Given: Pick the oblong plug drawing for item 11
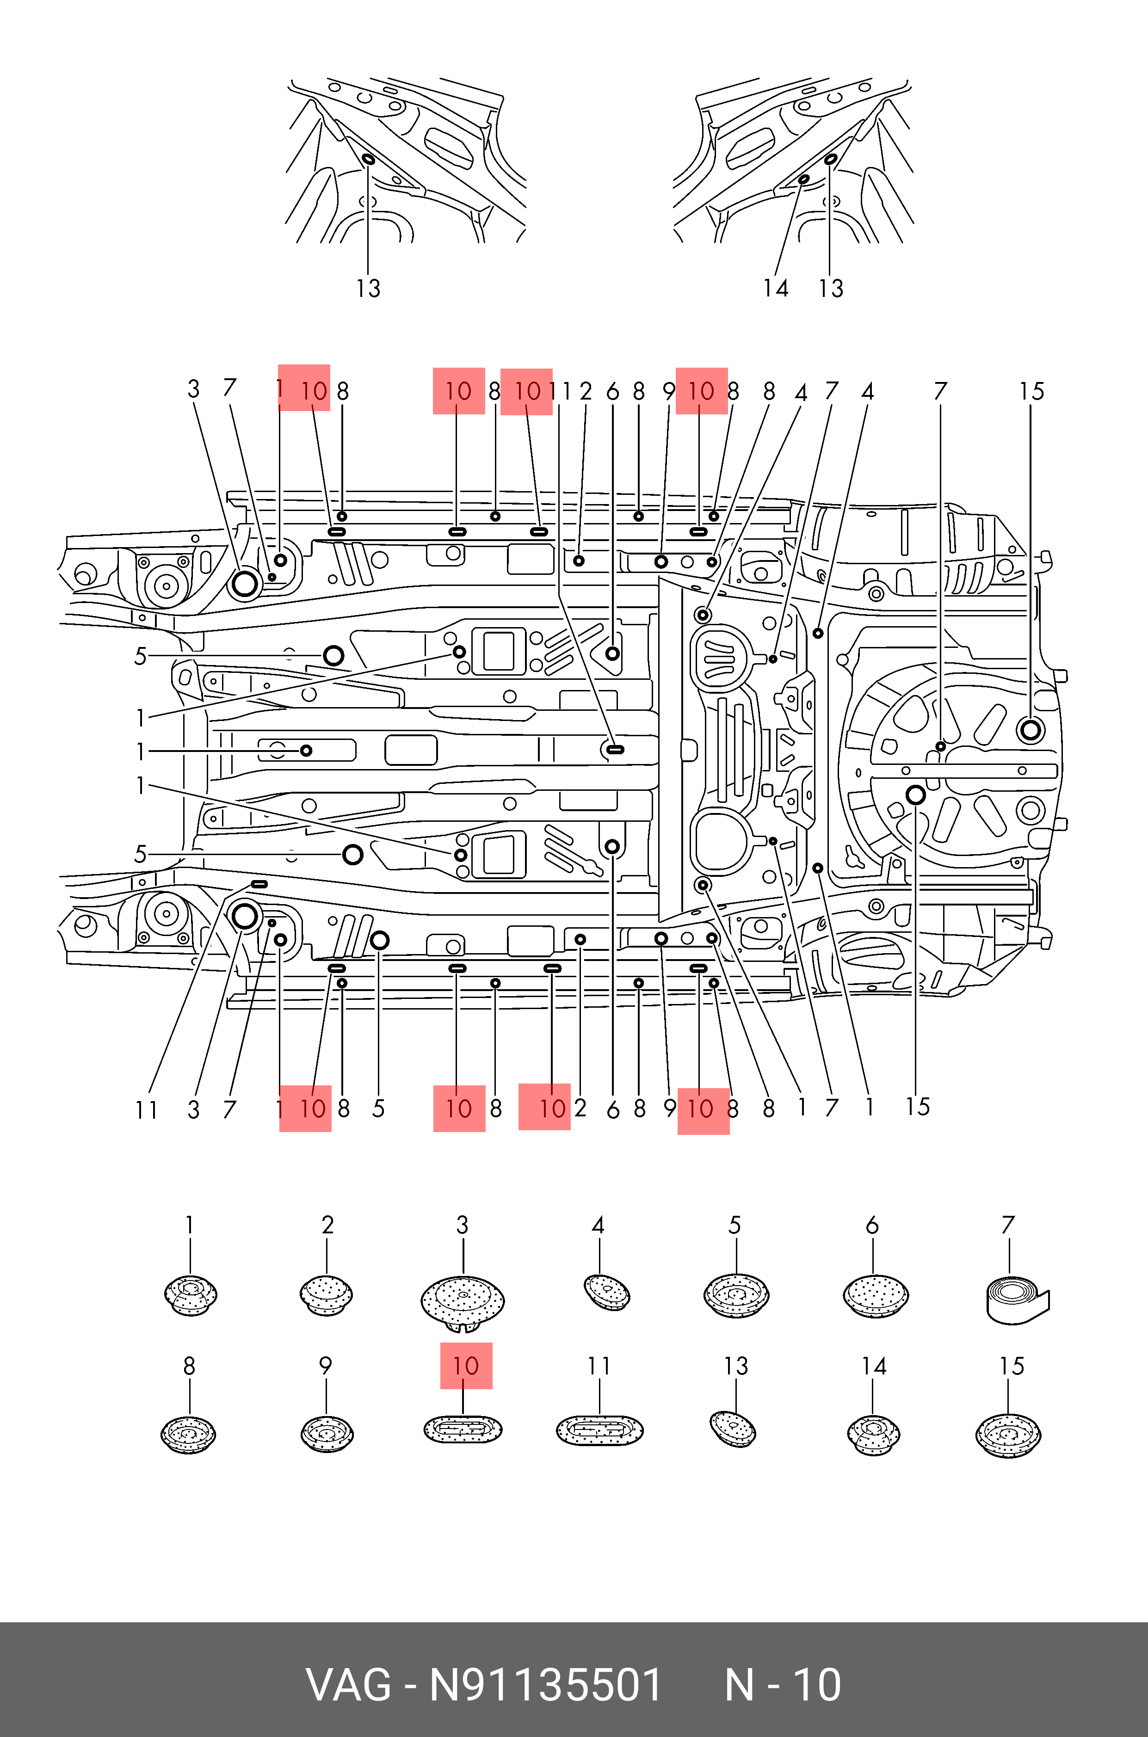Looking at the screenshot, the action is click(x=599, y=1429).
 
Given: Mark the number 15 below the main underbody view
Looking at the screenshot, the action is click(x=917, y=1107).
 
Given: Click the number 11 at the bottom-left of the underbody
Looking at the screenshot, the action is click(x=147, y=1110).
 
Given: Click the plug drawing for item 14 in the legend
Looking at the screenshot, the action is click(x=873, y=1435).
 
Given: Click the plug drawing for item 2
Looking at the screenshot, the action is click(x=327, y=1294).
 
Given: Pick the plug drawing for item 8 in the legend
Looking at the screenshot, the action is click(x=189, y=1434).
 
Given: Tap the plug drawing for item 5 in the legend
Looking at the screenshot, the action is click(x=736, y=1296).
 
